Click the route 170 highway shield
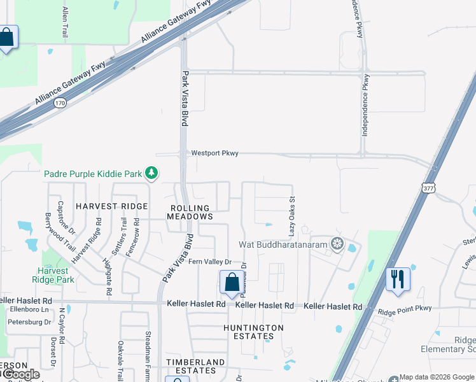tap(59, 102)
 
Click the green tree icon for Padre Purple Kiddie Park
tap(151, 173)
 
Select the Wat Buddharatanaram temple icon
tap(337, 244)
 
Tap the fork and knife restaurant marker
tap(398, 279)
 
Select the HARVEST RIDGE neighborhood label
tap(111, 206)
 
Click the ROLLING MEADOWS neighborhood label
tap(190, 212)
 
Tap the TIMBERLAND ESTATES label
tap(195, 366)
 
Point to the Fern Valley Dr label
tap(209, 262)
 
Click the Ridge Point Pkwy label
tap(405, 309)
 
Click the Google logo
tap(20, 374)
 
